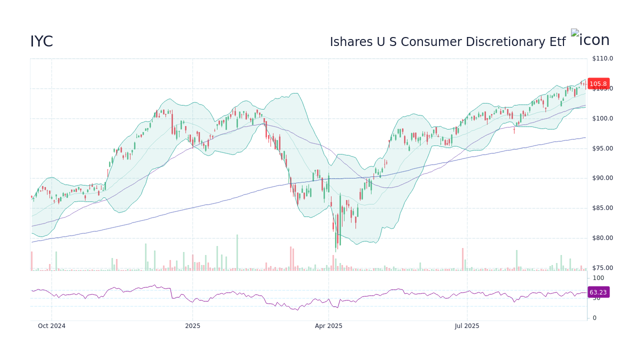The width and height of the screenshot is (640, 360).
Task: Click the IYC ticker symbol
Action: pyautogui.click(x=41, y=42)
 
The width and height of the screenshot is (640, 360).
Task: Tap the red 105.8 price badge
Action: pyautogui.click(x=598, y=84)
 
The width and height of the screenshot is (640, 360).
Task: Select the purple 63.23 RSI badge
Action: pyautogui.click(x=597, y=292)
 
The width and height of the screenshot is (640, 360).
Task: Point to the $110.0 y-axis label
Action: pyautogui.click(x=602, y=58)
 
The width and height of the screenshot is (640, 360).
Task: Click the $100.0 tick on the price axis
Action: pyautogui.click(x=602, y=118)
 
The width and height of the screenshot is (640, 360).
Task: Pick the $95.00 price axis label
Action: pyautogui.click(x=602, y=148)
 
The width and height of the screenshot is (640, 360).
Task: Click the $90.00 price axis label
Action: pyautogui.click(x=602, y=178)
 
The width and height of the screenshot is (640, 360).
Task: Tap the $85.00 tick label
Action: pyautogui.click(x=602, y=208)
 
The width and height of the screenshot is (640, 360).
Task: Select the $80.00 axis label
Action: pyautogui.click(x=602, y=238)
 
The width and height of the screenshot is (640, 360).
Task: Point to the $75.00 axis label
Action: pyautogui.click(x=602, y=268)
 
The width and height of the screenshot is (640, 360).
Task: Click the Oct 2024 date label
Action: pyautogui.click(x=51, y=326)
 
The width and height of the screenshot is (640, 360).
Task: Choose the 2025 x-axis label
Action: pyautogui.click(x=192, y=326)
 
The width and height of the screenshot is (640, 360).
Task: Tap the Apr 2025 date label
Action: pyautogui.click(x=328, y=326)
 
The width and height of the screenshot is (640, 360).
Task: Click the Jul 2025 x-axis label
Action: pyautogui.click(x=467, y=326)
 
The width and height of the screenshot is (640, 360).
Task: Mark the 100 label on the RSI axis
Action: pyautogui.click(x=598, y=278)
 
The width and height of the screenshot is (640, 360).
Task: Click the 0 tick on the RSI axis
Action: pyautogui.click(x=594, y=318)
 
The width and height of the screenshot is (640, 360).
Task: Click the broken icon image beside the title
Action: pyautogui.click(x=575, y=33)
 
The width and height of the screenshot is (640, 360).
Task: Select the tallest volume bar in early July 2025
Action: pyautogui.click(x=462, y=259)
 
